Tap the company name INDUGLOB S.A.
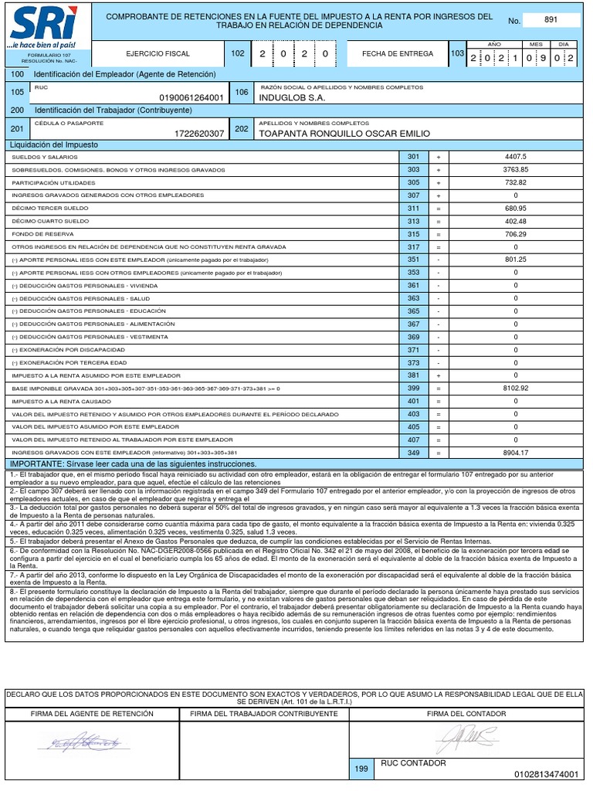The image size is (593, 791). click(293, 98)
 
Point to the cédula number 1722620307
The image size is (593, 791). click(199, 134)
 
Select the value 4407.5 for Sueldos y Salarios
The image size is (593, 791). click(515, 157)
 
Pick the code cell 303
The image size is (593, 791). click(414, 169)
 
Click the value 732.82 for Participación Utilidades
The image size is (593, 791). click(515, 182)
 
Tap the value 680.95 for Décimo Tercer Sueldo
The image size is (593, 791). click(515, 209)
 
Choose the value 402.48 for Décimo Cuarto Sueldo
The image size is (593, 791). click(515, 221)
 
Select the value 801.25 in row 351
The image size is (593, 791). click(515, 260)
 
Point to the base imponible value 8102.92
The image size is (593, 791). click(515, 388)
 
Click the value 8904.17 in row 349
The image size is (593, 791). click(515, 453)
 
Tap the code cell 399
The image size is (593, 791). click(414, 388)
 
